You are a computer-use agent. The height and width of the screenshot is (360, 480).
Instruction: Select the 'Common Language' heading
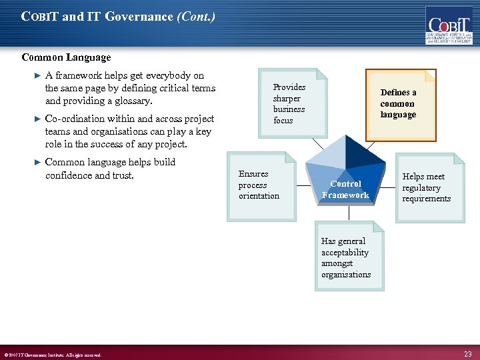(66, 58)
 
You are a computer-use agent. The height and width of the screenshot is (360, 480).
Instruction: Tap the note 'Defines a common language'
(399, 104)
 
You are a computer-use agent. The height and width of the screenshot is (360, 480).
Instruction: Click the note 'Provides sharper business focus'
(291, 103)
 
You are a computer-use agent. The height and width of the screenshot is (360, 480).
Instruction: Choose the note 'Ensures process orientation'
(261, 185)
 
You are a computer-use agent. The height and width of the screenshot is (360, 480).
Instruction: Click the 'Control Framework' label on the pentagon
(345, 189)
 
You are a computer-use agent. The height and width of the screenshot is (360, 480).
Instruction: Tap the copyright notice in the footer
(53, 355)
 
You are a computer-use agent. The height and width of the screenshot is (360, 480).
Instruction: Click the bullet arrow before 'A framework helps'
(37, 76)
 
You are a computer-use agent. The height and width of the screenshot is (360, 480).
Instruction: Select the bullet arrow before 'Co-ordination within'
(37, 119)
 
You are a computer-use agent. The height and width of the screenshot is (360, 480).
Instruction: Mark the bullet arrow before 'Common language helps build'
(37, 163)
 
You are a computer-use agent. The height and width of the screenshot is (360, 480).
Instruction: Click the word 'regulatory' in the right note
(421, 188)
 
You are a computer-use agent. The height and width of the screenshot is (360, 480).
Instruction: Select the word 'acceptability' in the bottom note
(345, 253)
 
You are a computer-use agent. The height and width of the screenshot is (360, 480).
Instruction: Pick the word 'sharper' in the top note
(287, 98)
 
